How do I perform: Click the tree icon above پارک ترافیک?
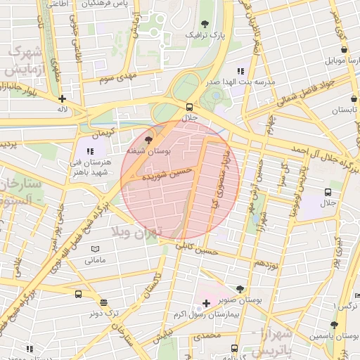pos(205,25)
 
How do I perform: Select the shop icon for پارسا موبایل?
pos(343,50)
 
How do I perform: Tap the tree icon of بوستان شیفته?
pos(148,140)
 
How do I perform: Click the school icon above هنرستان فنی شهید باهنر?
pos(90,150)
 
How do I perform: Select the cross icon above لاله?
pos(63,99)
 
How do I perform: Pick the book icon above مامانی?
pos(95,249)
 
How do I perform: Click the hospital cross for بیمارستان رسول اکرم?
pos(205,303)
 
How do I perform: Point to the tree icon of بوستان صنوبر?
pos(240,289)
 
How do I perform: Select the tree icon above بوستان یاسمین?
pos(333,325)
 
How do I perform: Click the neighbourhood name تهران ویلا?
pos(138,231)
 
